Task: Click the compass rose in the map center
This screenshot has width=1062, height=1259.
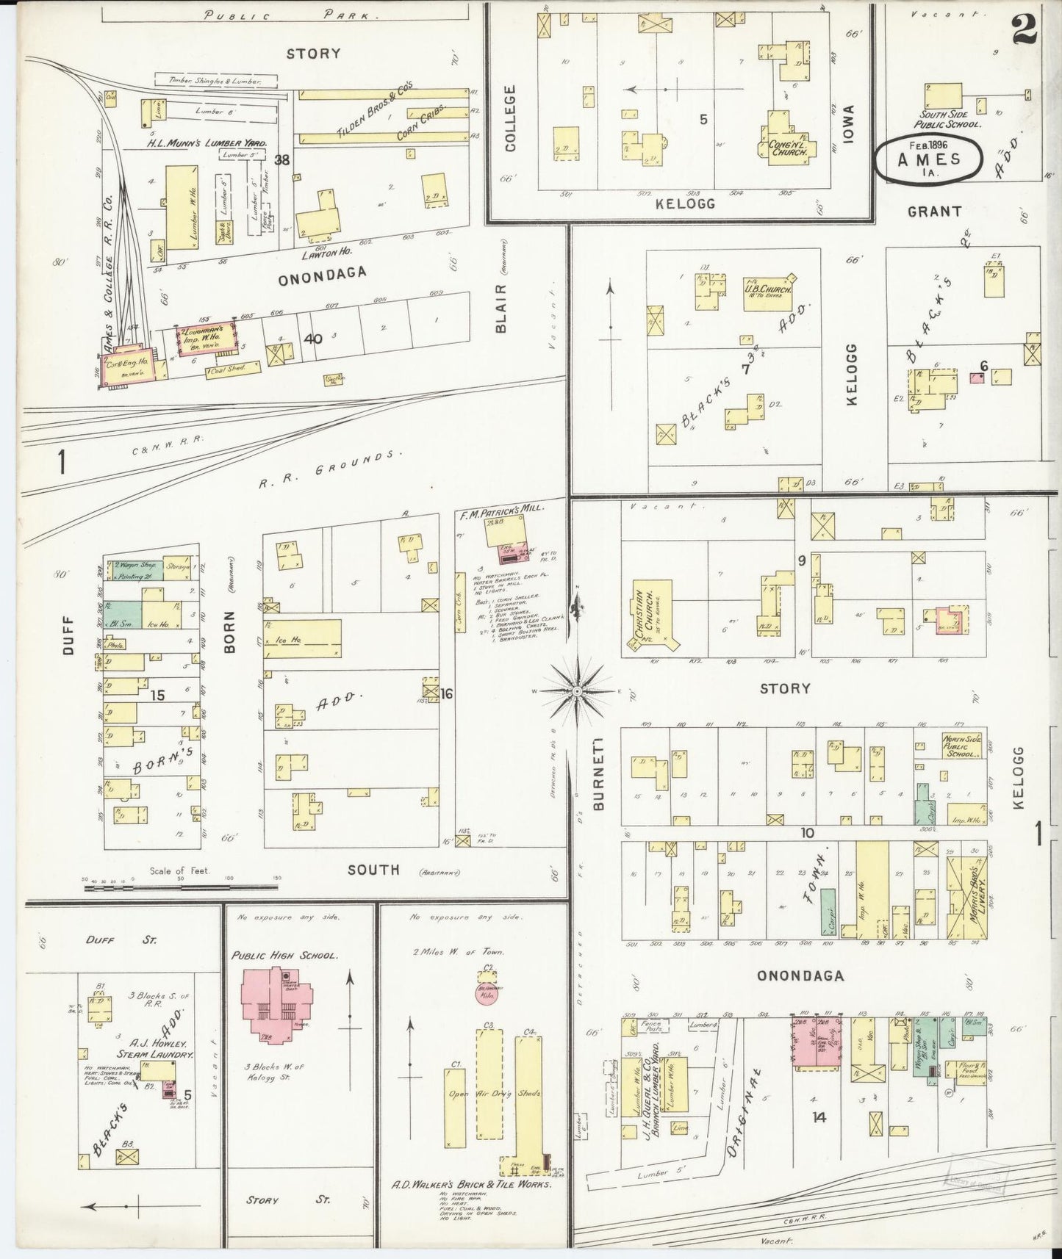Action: (x=578, y=691)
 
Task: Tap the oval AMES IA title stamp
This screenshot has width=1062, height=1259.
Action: (x=928, y=154)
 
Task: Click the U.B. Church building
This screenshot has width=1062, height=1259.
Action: (x=766, y=292)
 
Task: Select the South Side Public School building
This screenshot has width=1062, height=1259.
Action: (x=943, y=95)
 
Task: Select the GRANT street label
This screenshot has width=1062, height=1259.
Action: (x=934, y=212)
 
